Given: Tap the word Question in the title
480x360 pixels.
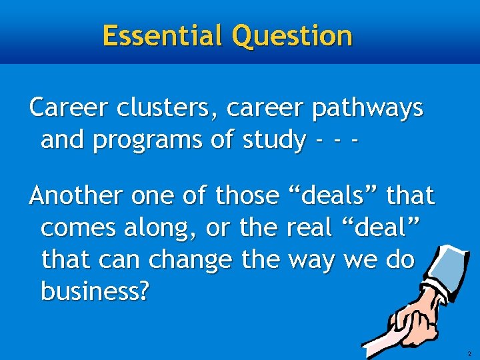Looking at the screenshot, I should click(x=291, y=35).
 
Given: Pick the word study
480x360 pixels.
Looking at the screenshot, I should click(x=273, y=140).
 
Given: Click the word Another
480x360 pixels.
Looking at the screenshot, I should click(x=75, y=196).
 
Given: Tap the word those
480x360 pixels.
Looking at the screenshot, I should click(x=247, y=196).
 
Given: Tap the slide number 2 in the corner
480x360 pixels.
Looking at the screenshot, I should click(x=469, y=353).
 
